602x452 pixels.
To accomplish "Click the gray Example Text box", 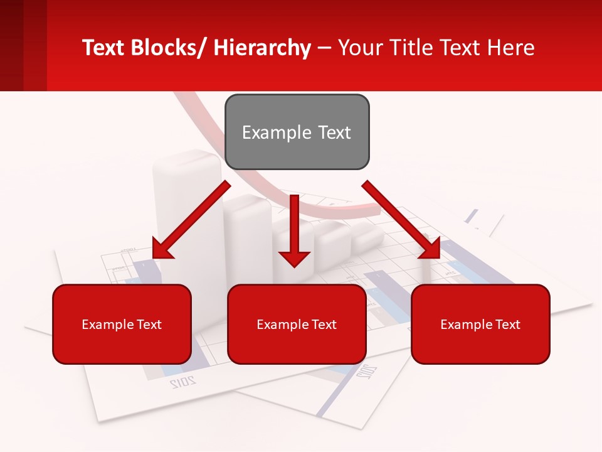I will click(297, 132).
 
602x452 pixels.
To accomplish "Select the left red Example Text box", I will click(122, 324).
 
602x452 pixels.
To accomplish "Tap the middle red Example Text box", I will click(297, 324).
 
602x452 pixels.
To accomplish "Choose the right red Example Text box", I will click(480, 324).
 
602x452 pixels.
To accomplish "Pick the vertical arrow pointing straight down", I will click(294, 232).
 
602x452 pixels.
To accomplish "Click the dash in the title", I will click(324, 48).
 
